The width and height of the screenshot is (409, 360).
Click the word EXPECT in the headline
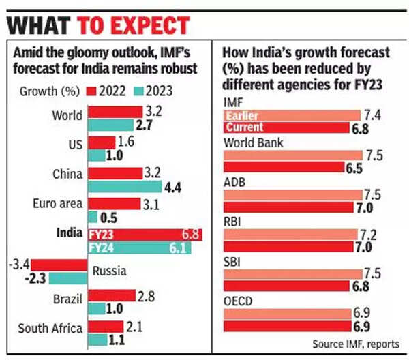(134, 25)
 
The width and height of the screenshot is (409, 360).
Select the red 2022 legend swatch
(92, 90)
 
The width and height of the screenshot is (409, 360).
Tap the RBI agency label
(234, 221)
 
